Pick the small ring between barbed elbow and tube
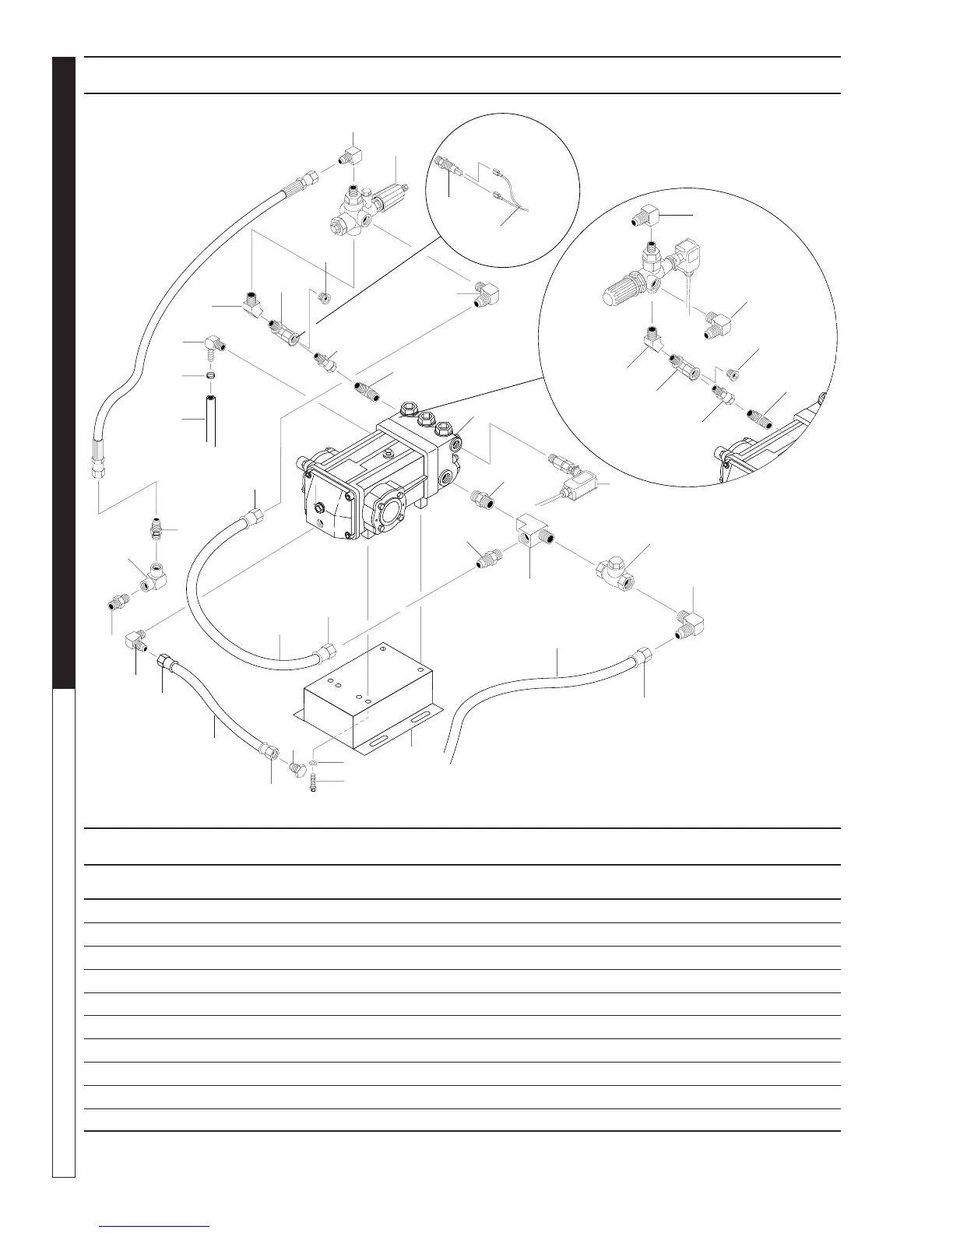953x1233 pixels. pos(210,376)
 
